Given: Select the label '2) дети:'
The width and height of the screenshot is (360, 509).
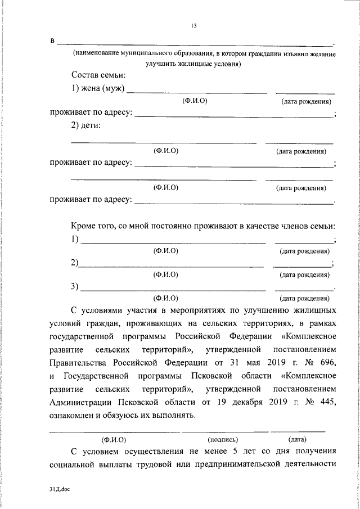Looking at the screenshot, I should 86,125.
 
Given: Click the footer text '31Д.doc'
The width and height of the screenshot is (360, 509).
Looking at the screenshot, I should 58,490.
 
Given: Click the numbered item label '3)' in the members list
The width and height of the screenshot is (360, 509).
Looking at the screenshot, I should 75,287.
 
